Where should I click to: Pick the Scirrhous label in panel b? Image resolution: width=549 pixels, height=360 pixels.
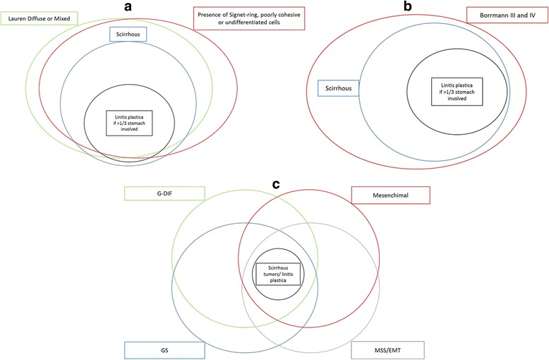338,88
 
